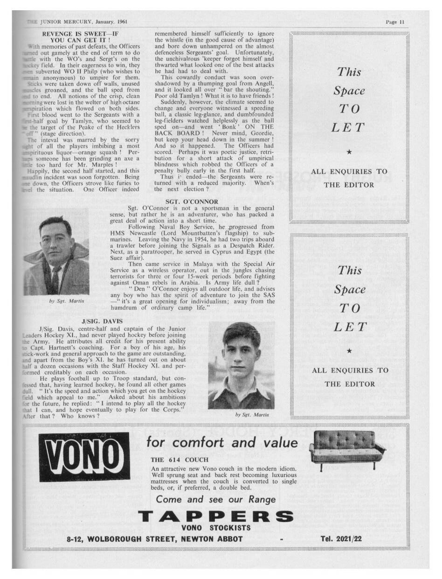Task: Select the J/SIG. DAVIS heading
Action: (102, 321)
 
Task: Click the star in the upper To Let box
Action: (350, 152)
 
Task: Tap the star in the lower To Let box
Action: (350, 350)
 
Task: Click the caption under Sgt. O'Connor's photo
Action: (67, 301)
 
